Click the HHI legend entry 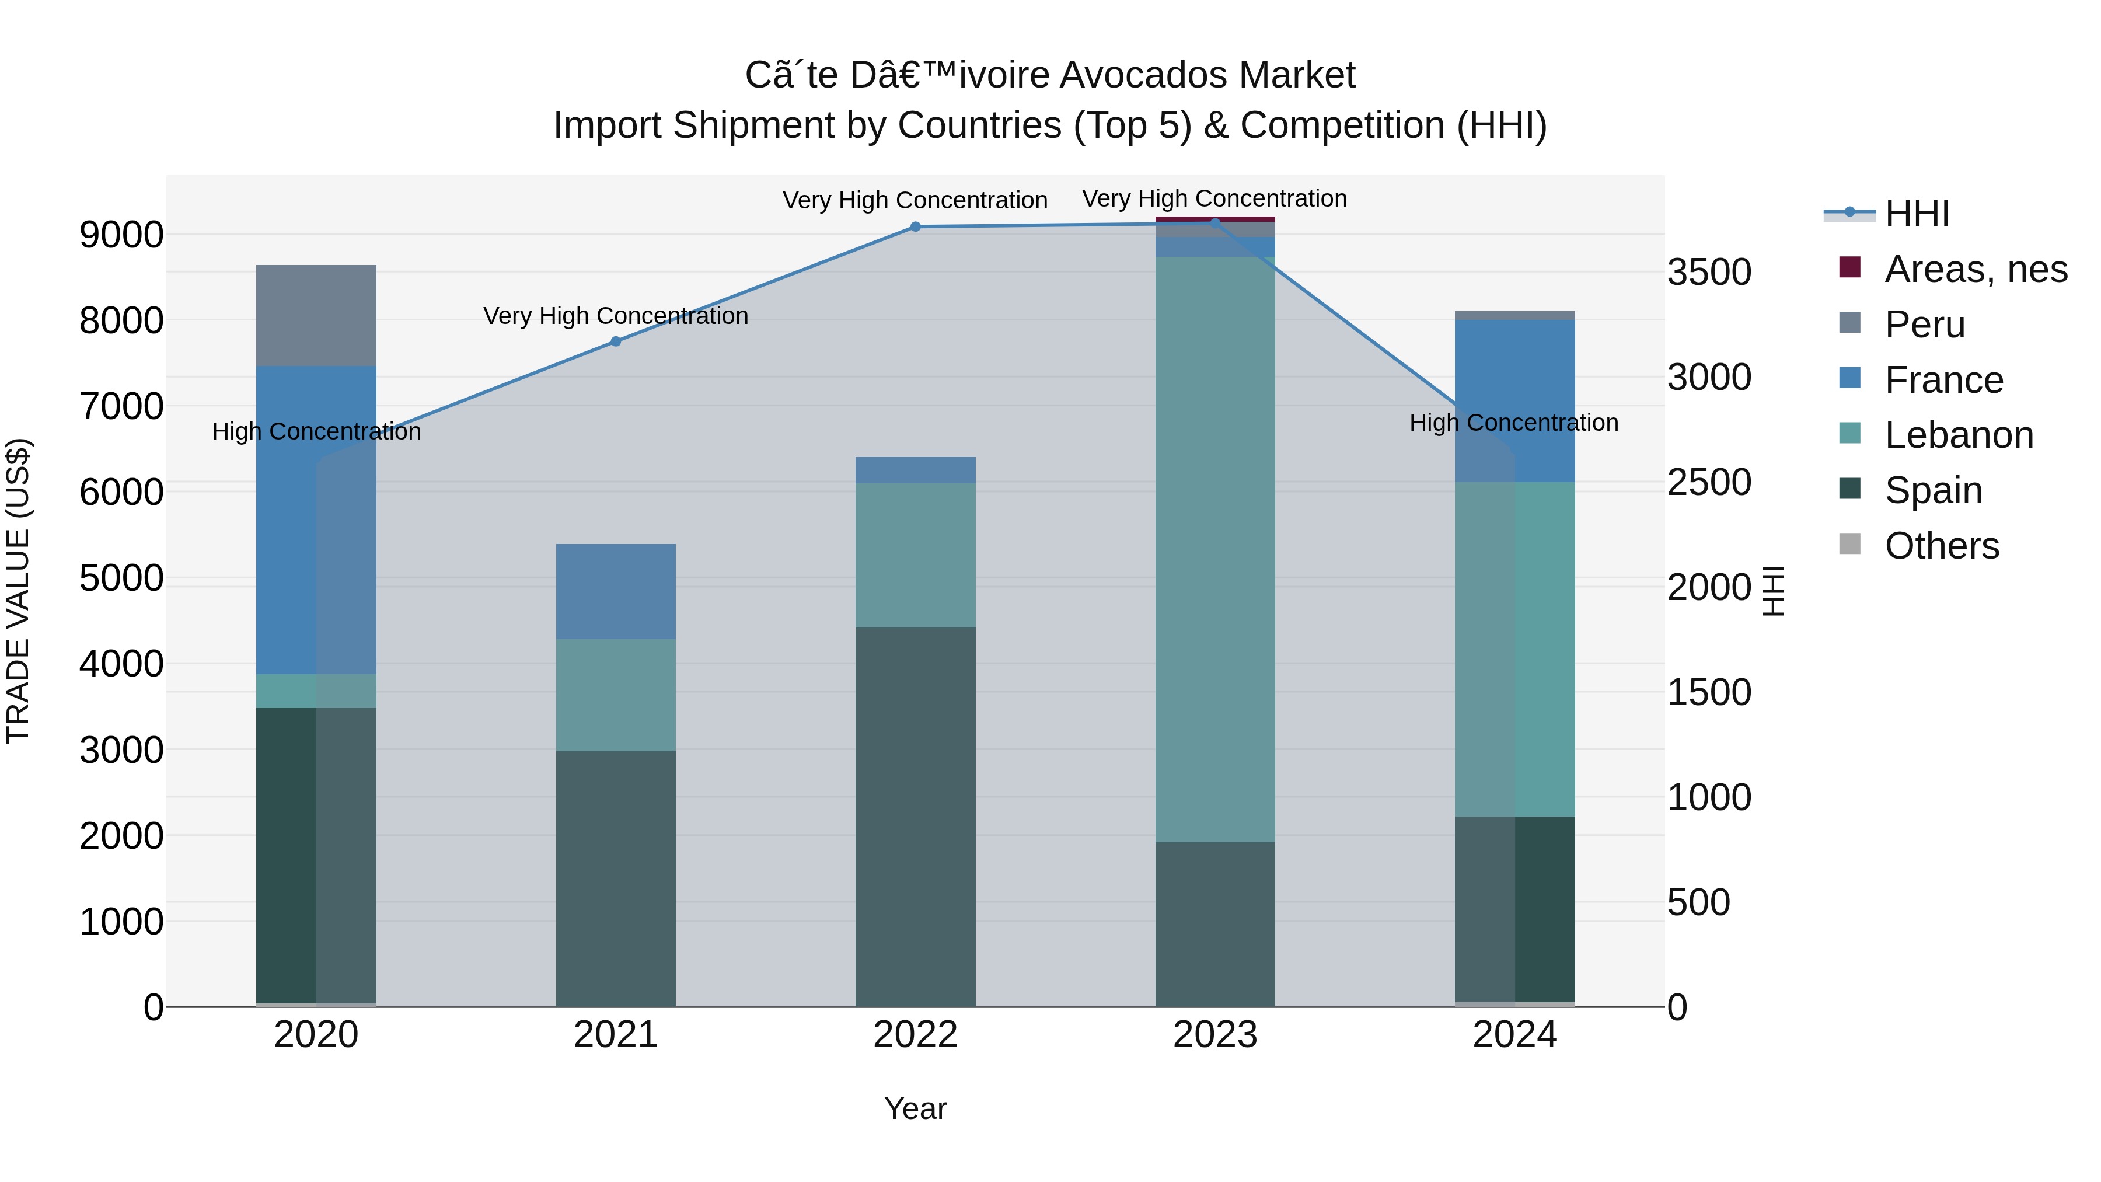[x=1917, y=214]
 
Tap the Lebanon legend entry [x=1958, y=435]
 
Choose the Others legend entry [x=1941, y=546]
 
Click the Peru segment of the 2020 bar [x=316, y=316]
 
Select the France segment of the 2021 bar [x=616, y=591]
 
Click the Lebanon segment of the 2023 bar [x=1214, y=549]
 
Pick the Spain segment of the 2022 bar [x=915, y=816]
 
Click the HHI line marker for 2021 [x=616, y=342]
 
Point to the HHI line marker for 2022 [x=915, y=227]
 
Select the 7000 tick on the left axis [x=121, y=406]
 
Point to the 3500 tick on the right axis [x=1709, y=273]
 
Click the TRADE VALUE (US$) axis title [x=18, y=591]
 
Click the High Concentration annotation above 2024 [x=1514, y=423]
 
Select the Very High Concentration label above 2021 [x=616, y=316]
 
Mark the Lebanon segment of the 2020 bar [x=316, y=691]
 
